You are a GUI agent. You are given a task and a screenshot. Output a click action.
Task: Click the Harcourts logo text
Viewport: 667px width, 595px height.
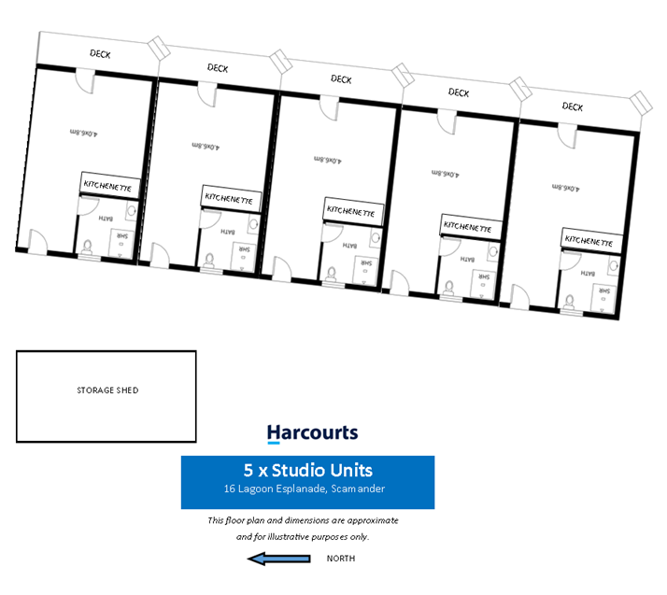(x=312, y=432)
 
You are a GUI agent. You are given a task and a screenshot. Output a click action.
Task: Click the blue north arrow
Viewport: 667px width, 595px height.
(x=277, y=559)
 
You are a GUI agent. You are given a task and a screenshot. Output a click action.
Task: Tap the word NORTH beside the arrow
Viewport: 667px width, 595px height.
(x=341, y=559)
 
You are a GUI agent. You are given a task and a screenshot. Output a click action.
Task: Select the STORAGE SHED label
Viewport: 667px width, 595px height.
(x=107, y=390)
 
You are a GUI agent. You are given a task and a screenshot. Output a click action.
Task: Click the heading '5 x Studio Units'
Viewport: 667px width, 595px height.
(x=307, y=470)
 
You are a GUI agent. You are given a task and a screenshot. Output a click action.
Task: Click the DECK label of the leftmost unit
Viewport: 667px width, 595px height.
(x=100, y=54)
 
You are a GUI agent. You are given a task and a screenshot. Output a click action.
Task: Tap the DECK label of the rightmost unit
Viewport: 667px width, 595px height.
(x=573, y=107)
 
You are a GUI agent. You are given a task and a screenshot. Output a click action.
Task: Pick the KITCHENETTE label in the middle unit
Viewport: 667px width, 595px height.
(x=351, y=212)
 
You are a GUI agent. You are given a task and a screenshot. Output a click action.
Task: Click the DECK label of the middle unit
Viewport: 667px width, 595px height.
(x=341, y=80)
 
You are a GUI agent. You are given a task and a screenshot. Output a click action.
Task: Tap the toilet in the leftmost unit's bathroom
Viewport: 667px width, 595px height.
(x=87, y=248)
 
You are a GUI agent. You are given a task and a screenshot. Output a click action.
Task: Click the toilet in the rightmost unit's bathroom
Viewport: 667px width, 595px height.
(x=569, y=302)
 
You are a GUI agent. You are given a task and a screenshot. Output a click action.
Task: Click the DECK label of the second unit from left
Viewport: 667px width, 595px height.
(x=218, y=67)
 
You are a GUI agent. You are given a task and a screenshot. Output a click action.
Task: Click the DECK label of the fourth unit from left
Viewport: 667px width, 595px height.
(x=459, y=92)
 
